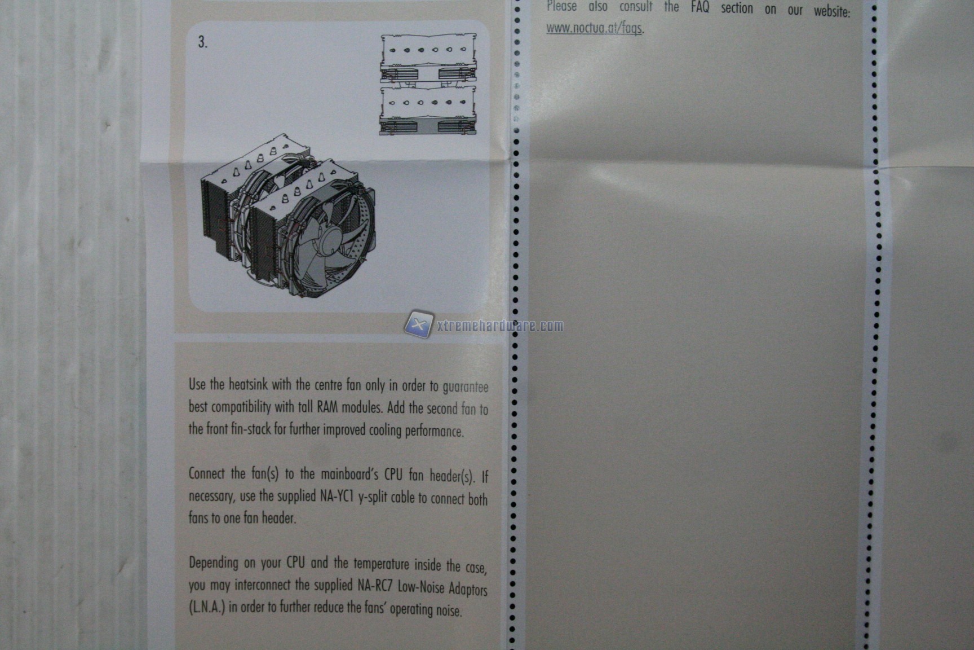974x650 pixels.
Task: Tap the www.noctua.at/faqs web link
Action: (x=595, y=28)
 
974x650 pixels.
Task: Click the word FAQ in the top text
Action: (x=700, y=7)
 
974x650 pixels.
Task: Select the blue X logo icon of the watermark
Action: (x=419, y=324)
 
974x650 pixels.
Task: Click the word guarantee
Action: (x=466, y=387)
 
